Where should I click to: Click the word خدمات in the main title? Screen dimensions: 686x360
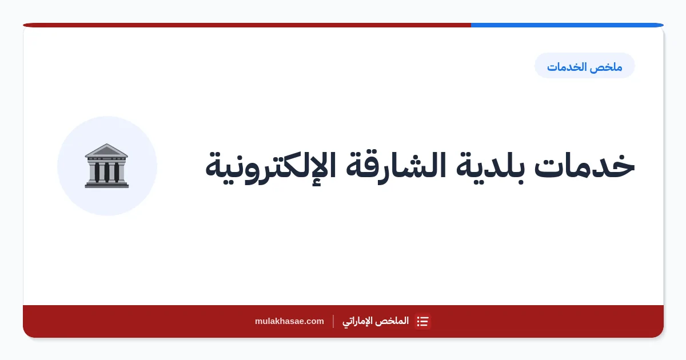pos(584,165)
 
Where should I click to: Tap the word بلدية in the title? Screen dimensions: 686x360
pos(490,167)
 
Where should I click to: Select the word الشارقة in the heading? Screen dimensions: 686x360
pos(396,166)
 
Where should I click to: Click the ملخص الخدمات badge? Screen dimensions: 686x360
pos(585,66)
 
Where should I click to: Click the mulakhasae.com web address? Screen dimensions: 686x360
pos(289,321)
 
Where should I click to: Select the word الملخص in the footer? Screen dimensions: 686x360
pos(393,321)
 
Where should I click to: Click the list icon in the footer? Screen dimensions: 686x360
pos(422,321)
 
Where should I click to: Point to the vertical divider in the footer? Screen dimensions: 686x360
pos(333,321)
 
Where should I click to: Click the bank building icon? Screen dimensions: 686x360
pos(106,166)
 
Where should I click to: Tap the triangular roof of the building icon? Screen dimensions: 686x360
pos(106,150)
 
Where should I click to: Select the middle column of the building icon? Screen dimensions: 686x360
pos(106,172)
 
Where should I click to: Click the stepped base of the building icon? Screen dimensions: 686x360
pos(106,185)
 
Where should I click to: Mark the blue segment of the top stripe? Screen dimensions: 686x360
pos(567,25)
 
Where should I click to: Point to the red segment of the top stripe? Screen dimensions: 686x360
pos(247,25)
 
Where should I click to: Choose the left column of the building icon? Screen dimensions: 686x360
pos(97,172)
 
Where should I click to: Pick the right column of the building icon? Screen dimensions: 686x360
pos(117,172)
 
